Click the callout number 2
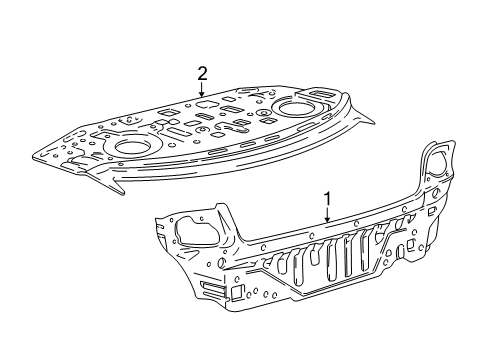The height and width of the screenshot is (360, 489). (x=202, y=73)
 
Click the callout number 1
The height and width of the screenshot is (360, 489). (x=326, y=198)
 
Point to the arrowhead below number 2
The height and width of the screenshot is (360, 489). (x=202, y=95)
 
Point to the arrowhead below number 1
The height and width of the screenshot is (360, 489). (x=326, y=221)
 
